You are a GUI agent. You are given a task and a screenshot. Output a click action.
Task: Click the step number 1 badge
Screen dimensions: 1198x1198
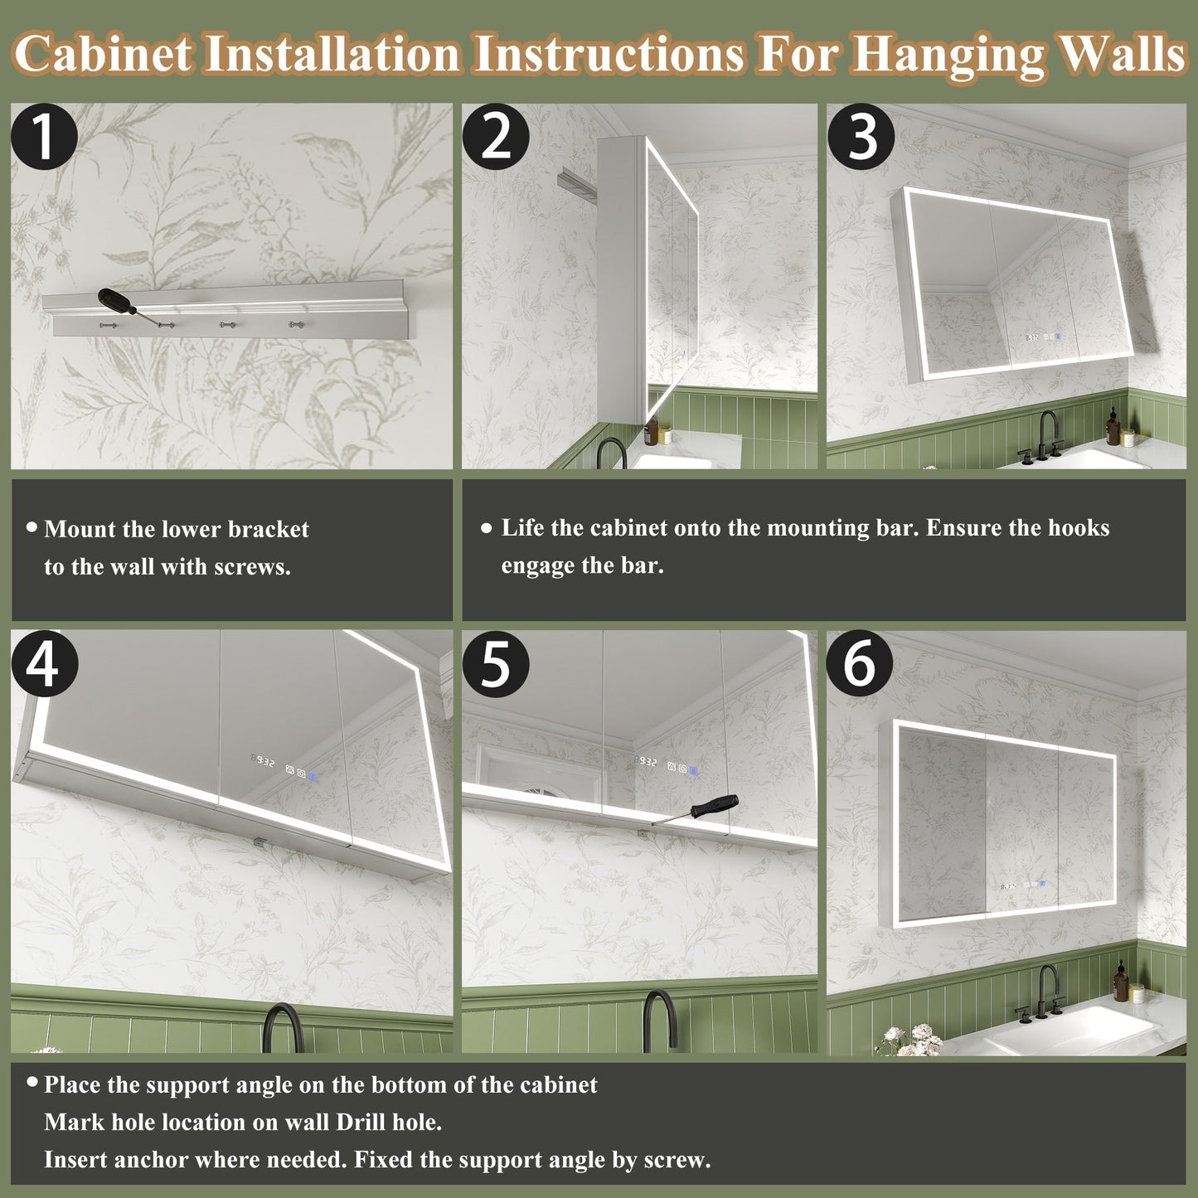point(44,138)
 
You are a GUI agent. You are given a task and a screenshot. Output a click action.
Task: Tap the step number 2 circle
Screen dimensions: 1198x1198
point(496,138)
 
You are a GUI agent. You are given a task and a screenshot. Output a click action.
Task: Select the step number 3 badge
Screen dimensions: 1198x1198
point(861,138)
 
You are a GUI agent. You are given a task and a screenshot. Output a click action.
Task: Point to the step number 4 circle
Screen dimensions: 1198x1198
point(44,665)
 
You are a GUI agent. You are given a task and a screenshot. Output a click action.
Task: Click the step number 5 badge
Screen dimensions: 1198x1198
point(496,665)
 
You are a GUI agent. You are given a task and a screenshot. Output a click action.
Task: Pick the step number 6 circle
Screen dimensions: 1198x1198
point(859,665)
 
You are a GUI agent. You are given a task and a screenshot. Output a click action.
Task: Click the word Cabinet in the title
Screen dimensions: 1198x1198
point(104,53)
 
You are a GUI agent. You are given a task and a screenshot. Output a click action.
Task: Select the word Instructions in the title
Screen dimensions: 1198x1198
point(608,53)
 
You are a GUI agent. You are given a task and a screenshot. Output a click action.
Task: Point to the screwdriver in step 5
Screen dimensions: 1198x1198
point(696,810)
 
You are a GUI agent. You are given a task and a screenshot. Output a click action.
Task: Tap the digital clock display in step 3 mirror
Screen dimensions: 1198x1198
point(1033,338)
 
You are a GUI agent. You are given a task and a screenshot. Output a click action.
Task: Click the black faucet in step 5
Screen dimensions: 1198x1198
point(660,1020)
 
